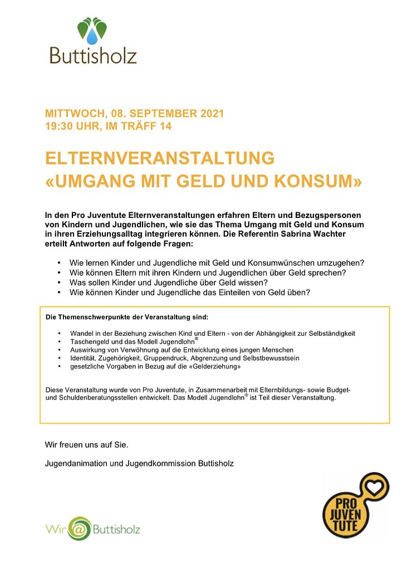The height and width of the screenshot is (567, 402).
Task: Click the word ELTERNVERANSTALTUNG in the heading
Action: (160, 159)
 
